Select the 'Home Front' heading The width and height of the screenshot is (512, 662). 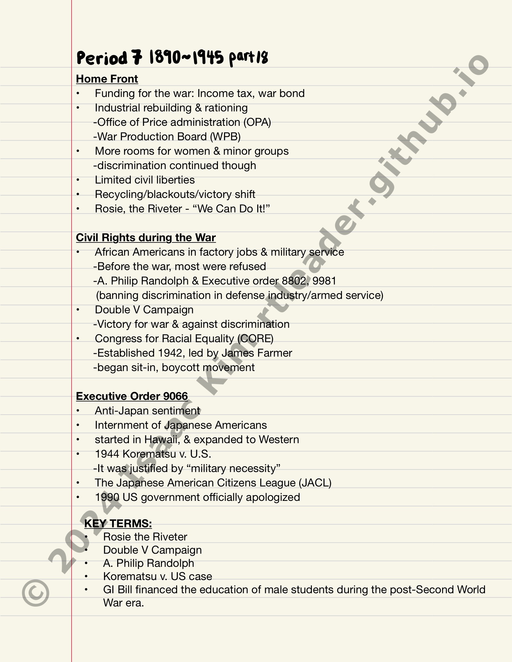pyautogui.click(x=107, y=79)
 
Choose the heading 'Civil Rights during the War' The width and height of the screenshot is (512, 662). pyautogui.click(x=146, y=238)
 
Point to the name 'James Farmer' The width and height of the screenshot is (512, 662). pyautogui.click(x=257, y=353)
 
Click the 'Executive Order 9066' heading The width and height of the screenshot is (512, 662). pyautogui.click(x=132, y=396)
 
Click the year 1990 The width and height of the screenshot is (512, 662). pyautogui.click(x=107, y=497)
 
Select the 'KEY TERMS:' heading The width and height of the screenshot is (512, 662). pyautogui.click(x=118, y=524)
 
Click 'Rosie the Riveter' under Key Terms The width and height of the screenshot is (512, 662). pyautogui.click(x=145, y=537)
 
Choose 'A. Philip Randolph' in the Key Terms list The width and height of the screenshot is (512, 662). pyautogui.click(x=149, y=563)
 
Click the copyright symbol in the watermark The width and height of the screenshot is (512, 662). pyautogui.click(x=35, y=594)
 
